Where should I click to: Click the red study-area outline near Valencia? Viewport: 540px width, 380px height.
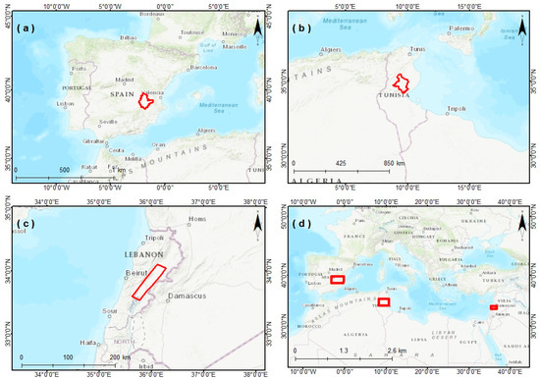click(146, 100)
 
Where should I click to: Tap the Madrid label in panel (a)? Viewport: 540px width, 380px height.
click(125, 81)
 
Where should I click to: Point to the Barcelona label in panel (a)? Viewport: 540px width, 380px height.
click(201, 68)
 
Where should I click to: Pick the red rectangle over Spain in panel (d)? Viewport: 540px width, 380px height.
click(338, 280)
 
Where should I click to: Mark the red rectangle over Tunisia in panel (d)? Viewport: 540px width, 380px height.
click(384, 301)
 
